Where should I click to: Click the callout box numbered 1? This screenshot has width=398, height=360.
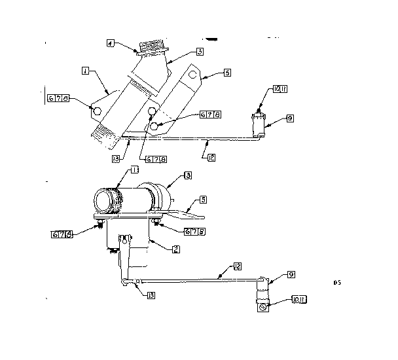(85, 70)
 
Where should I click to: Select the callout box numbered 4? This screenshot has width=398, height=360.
(111, 43)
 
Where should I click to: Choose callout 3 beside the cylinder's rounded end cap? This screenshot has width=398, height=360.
(187, 175)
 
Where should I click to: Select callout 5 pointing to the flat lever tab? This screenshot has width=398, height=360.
(203, 199)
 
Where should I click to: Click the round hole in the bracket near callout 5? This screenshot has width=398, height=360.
(194, 75)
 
